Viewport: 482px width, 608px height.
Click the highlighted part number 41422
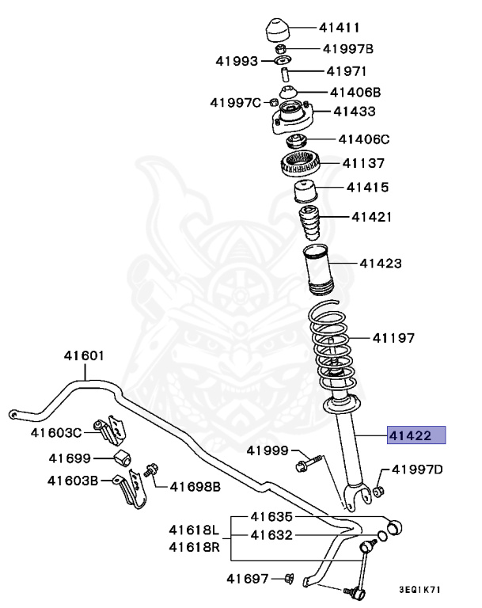[416, 435]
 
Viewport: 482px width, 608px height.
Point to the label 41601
[84, 355]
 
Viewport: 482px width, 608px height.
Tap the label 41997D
[417, 469]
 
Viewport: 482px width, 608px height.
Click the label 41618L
[193, 529]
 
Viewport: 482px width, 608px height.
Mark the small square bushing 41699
[123, 458]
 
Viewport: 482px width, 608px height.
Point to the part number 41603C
[56, 432]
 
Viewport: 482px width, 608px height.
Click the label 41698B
[193, 484]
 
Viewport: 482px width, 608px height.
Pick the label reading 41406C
[364, 139]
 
